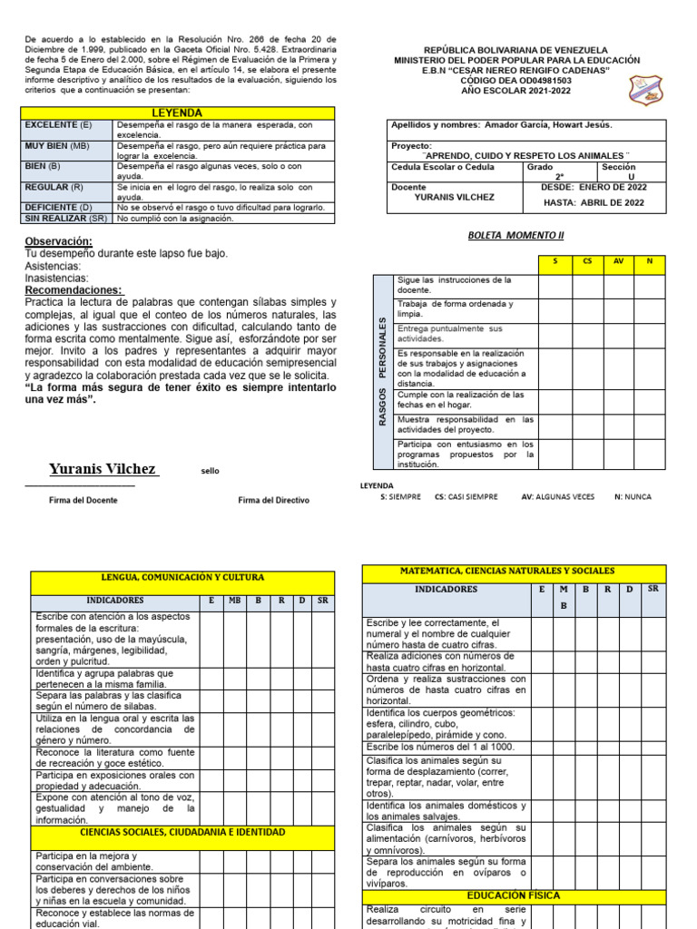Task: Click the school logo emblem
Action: pos(646,88)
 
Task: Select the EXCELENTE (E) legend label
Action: pos(59,124)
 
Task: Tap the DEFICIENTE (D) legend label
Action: pos(60,207)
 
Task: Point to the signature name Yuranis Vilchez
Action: pos(103,470)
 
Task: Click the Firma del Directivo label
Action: pos(273,500)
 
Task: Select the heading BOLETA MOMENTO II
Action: pos(515,236)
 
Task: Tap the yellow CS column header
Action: pos(588,261)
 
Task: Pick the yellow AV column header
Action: pos(619,261)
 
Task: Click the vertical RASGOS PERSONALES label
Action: pos(382,372)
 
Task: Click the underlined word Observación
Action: pos(59,241)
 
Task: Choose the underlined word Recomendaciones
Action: pos(74,289)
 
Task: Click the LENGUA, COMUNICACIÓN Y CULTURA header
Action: pos(183,577)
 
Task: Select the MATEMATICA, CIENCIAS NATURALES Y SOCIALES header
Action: pos(514,572)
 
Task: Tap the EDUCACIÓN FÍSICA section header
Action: pos(514,895)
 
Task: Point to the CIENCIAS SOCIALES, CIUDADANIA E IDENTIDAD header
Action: pos(183,832)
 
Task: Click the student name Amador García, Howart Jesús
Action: pos(548,125)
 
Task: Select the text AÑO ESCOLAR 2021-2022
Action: pos(517,91)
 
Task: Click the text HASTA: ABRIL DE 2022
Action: pos(594,202)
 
